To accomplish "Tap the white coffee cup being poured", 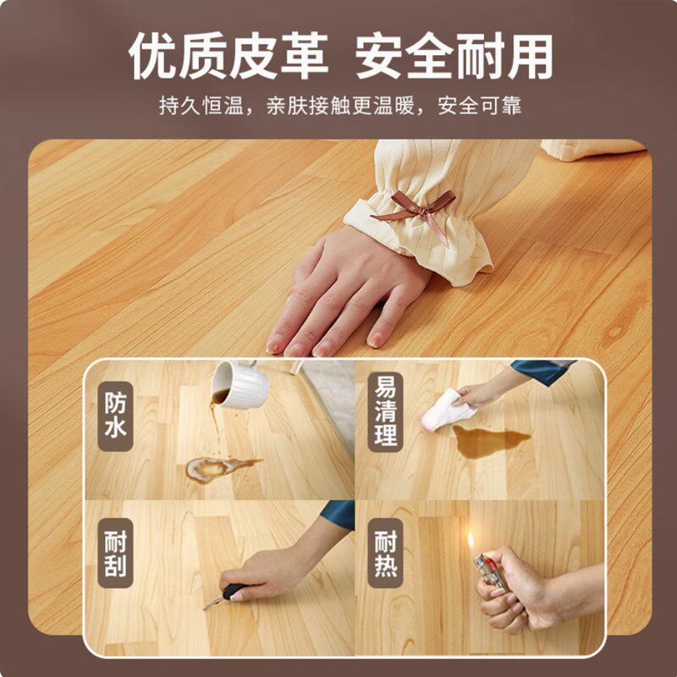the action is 239,384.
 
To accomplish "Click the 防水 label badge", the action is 115,416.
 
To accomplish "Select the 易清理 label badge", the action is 386,411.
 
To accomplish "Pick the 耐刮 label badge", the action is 115,553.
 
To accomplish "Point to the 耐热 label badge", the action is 386,553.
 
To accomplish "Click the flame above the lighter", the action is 471,540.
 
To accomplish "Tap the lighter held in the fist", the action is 490,570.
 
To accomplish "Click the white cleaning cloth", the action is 447,410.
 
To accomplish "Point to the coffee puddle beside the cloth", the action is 490,441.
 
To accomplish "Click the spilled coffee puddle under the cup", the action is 221,468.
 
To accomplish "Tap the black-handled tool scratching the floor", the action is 225,596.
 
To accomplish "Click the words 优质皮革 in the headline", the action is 228,56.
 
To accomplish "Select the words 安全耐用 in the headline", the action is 454,56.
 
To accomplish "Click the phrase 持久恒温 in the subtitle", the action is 201,106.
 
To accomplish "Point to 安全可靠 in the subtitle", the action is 480,106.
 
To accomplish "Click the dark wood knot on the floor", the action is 615,332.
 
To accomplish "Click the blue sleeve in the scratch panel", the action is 339,514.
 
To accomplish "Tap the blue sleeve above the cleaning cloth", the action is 542,371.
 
